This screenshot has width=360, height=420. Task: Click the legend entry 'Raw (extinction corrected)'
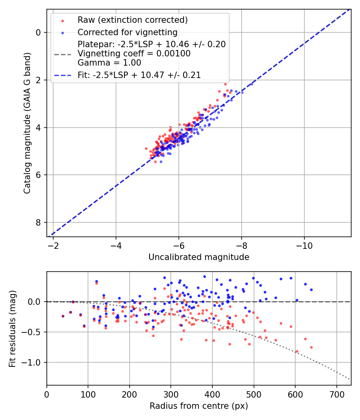[x=132, y=20]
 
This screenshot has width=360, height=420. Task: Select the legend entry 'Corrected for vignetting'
[x=127, y=32]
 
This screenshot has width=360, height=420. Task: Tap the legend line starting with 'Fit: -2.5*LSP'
[x=139, y=75]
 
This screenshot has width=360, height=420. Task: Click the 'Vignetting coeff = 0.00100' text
[x=134, y=53]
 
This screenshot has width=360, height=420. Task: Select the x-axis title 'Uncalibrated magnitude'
[x=199, y=257]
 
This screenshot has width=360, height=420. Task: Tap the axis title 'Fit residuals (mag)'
[x=12, y=329]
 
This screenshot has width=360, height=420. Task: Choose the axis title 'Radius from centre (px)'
[x=199, y=406]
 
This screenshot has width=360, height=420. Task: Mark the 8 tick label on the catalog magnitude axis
[x=38, y=222]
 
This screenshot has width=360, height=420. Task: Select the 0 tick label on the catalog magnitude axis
[x=38, y=32]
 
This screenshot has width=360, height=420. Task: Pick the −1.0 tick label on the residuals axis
[x=33, y=362]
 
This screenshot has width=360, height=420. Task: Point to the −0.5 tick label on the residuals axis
[x=33, y=332]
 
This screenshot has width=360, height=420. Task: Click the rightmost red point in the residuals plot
[x=311, y=347]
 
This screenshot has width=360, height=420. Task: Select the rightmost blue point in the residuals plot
[x=311, y=290]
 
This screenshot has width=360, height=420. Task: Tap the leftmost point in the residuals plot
[x=63, y=316]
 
